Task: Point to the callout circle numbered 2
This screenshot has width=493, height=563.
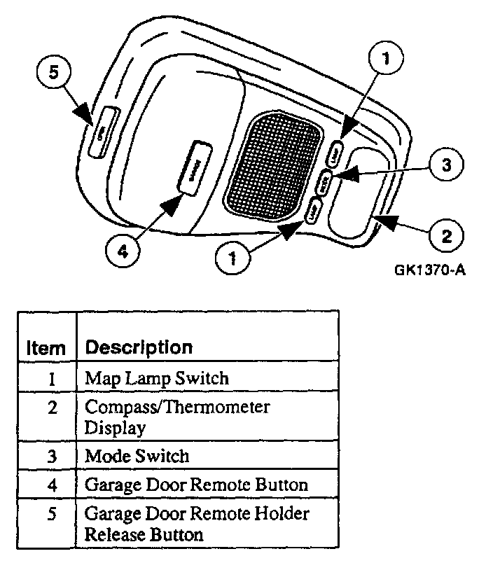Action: (x=445, y=233)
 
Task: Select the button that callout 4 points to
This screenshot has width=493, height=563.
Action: (x=195, y=166)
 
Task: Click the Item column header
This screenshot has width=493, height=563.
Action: (x=46, y=347)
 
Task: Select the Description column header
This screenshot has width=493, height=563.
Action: (x=138, y=347)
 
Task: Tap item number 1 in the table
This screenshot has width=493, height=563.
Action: (x=53, y=379)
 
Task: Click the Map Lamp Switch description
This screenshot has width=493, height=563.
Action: (x=156, y=379)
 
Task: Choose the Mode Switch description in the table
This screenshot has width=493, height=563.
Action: (x=137, y=456)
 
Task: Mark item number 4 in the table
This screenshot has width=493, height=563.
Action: (x=53, y=484)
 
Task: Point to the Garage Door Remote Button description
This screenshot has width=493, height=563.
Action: (x=196, y=484)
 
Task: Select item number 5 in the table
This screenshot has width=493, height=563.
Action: (x=53, y=515)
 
